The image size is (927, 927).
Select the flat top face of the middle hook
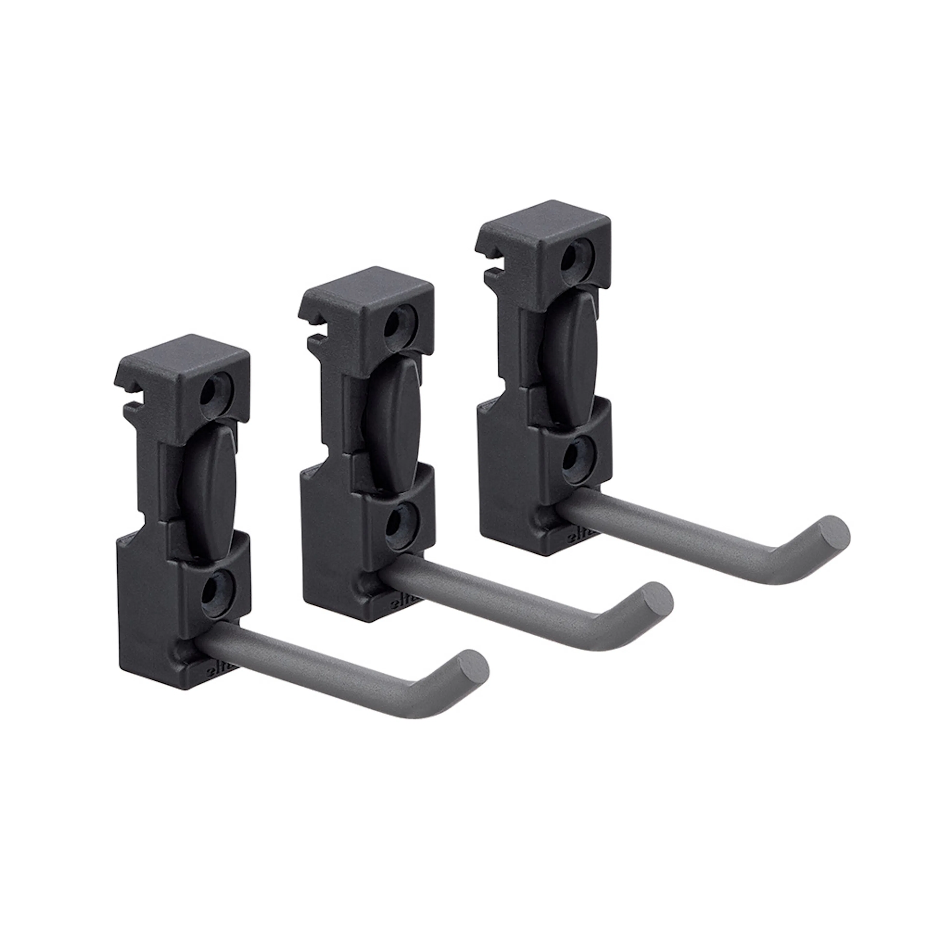[367, 288]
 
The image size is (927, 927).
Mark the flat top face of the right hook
[545, 222]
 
